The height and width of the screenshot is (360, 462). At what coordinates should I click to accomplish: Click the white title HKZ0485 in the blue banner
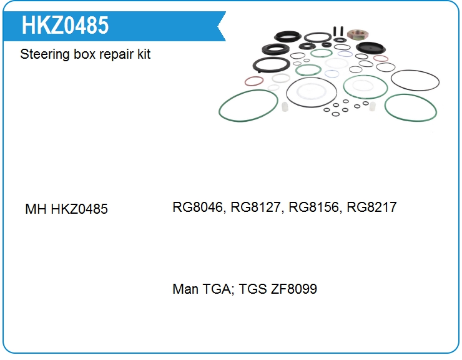(65, 25)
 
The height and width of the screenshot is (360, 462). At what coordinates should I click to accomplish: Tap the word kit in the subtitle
(144, 54)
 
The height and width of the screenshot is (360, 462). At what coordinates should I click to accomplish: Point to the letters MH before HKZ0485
(35, 209)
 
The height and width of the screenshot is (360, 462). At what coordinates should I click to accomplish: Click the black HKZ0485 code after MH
(79, 209)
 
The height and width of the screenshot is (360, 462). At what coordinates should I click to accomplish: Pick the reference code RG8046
(199, 207)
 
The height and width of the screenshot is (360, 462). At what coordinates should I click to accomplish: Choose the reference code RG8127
(257, 207)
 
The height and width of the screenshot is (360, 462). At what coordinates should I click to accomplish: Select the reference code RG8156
(314, 207)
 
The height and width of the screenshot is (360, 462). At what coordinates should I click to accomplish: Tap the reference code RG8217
(371, 207)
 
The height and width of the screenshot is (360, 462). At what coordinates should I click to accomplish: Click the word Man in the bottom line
(185, 289)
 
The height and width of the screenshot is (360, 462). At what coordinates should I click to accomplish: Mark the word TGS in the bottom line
(252, 289)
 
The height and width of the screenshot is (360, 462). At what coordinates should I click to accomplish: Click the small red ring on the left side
(253, 81)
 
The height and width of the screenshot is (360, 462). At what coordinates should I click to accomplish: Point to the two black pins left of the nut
(339, 31)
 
